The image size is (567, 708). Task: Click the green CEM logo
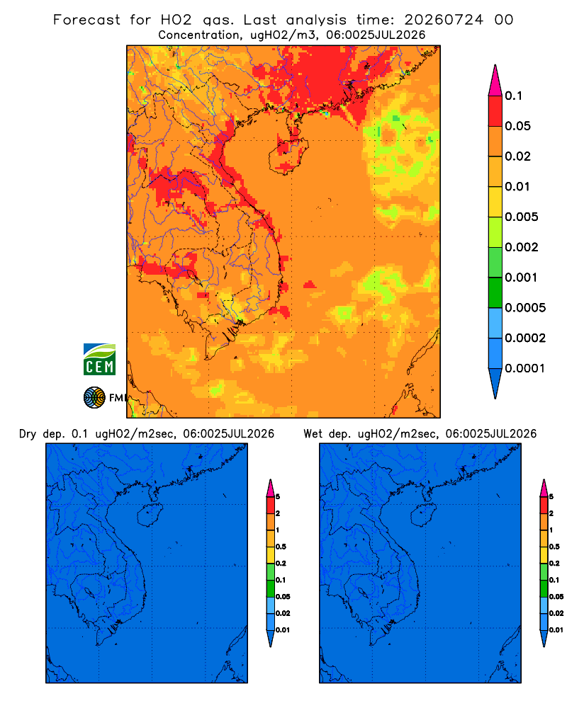tap(99, 360)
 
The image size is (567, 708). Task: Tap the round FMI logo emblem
tap(94, 397)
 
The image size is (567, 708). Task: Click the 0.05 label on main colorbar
tap(517, 126)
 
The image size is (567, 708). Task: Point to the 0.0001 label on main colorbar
tap(524, 368)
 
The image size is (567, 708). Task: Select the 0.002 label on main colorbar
tap(522, 247)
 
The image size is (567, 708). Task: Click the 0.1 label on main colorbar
tap(513, 96)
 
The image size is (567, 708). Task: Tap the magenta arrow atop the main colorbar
tap(495, 80)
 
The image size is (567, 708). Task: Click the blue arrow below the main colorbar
tap(495, 383)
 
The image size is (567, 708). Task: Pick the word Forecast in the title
tap(86, 20)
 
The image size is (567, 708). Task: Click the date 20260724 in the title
tap(444, 20)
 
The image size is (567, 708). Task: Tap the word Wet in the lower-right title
tap(313, 434)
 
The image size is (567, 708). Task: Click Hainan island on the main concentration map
tap(288, 155)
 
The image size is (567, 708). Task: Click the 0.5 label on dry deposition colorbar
tap(281, 547)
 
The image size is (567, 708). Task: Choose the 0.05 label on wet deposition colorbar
tap(556, 597)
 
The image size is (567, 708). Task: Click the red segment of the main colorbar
tap(495, 111)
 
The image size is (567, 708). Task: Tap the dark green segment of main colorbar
tap(495, 292)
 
